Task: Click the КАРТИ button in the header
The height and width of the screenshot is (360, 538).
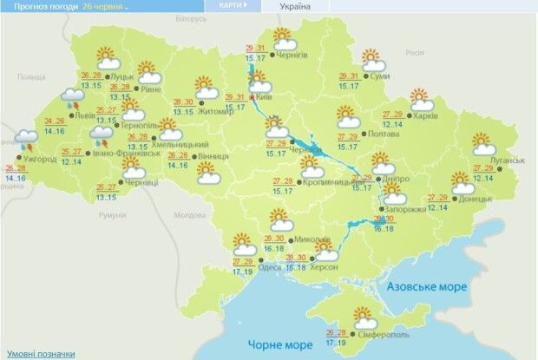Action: point(232,5)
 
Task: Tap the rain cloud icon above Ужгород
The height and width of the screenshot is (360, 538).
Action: point(26,139)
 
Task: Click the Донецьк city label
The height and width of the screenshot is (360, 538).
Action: point(476,199)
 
